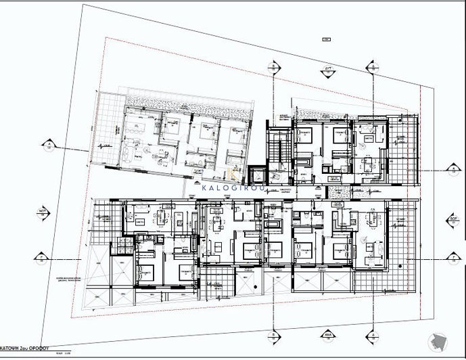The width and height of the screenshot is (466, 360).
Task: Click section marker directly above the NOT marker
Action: [x=49, y=145]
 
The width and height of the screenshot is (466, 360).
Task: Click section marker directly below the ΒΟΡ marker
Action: [x=454, y=257]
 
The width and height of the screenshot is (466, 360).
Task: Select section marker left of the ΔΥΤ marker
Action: [x=273, y=66]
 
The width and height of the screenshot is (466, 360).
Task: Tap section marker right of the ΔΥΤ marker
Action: [x=372, y=66]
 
